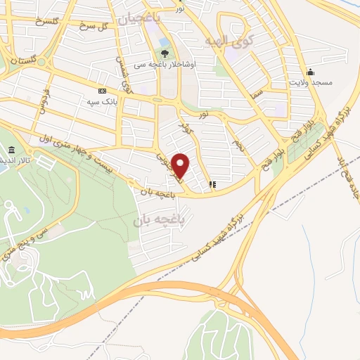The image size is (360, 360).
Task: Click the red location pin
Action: (x=181, y=165)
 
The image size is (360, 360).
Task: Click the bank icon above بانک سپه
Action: (x=103, y=91)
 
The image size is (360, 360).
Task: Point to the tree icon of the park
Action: (x=165, y=53)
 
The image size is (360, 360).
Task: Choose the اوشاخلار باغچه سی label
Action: (x=171, y=64)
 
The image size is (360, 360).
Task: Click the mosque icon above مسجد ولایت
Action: (x=311, y=72)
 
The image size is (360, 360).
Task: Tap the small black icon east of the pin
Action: (x=212, y=185)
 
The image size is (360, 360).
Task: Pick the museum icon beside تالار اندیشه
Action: (x=12, y=150)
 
